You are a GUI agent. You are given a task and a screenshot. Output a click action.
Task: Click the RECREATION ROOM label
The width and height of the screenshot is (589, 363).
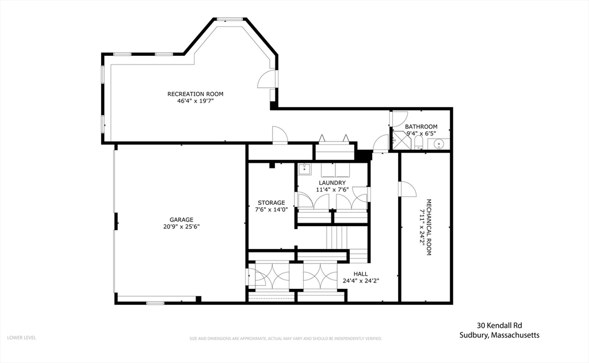tap(195, 94)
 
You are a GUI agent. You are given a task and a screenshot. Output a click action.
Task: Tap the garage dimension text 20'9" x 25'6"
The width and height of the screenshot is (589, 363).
tap(181, 226)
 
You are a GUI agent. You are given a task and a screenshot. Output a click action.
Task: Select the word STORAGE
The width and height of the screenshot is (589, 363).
tap(271, 202)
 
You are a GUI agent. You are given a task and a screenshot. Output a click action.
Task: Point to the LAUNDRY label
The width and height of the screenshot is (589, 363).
tap(332, 182)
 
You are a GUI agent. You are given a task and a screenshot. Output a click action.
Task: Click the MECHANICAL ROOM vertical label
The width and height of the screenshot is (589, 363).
tap(429, 223)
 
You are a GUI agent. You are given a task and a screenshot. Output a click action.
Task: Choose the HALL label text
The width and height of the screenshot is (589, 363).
tap(361, 274)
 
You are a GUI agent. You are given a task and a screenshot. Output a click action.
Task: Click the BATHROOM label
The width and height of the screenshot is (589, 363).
tap(421, 127)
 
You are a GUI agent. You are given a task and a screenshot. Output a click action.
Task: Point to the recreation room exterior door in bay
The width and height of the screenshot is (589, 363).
tap(267, 80)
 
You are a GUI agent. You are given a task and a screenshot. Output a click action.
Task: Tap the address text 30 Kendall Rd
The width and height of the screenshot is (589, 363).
tap(499, 325)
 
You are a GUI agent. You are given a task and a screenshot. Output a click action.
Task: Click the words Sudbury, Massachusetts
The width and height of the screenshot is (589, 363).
tap(499, 335)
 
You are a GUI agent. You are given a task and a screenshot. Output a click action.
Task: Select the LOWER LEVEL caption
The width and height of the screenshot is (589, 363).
tap(21, 338)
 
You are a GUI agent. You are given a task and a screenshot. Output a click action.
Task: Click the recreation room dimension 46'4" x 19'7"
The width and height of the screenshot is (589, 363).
tap(195, 101)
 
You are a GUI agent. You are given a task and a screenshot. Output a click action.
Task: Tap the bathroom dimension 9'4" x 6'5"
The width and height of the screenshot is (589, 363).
tap(421, 133)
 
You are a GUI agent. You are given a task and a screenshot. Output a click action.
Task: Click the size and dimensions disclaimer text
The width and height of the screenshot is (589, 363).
tap(285, 338)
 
